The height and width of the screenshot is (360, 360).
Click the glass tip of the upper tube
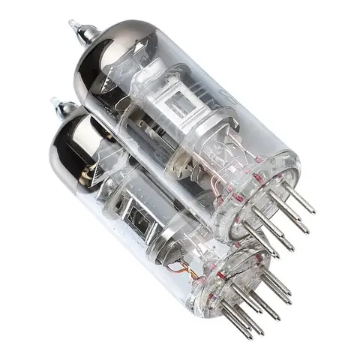click(73, 25)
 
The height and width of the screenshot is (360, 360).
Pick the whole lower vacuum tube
click(157, 225)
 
